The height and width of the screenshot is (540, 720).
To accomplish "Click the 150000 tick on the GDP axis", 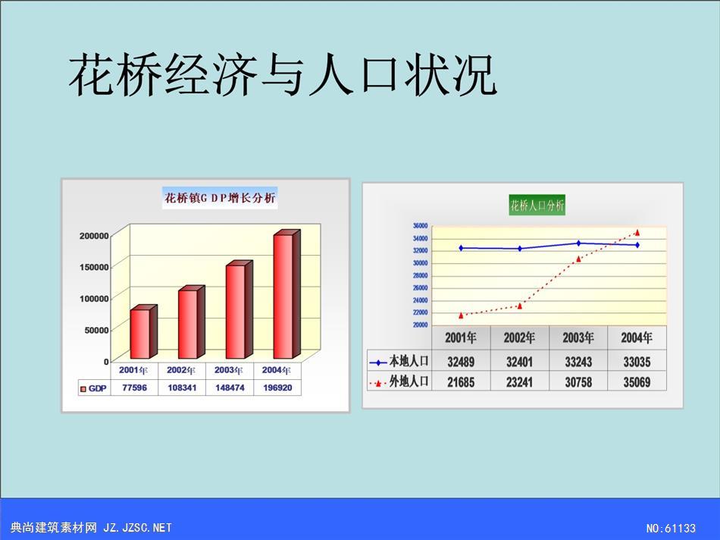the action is tap(94, 267).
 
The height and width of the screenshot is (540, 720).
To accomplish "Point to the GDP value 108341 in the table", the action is tap(182, 388).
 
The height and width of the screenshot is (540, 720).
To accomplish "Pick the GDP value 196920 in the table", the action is tap(277, 388).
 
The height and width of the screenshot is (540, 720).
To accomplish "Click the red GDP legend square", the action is tap(83, 389).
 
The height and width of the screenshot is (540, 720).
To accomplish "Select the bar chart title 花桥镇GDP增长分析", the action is tap(220, 198).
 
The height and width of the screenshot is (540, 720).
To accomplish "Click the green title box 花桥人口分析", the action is tap(537, 205).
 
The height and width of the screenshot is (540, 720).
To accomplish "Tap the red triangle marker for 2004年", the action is tap(637, 233).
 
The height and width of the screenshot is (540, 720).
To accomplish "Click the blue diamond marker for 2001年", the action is tap(461, 248).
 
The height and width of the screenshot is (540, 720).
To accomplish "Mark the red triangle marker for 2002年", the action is tap(520, 306).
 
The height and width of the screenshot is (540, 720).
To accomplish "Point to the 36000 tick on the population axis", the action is tap(420, 226).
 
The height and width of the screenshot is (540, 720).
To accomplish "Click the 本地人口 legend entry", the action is tap(399, 362).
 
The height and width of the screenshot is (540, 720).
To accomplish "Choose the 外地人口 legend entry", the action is tap(399, 381).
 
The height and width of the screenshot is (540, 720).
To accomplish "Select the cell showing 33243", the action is tap(578, 362).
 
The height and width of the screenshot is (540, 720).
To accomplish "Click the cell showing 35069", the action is tap(637, 382).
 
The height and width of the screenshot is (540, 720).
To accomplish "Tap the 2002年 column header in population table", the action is tap(519, 338).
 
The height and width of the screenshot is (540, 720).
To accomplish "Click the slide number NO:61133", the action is tap(671, 529).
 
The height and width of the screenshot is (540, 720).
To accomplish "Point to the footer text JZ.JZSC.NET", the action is tap(137, 528).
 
